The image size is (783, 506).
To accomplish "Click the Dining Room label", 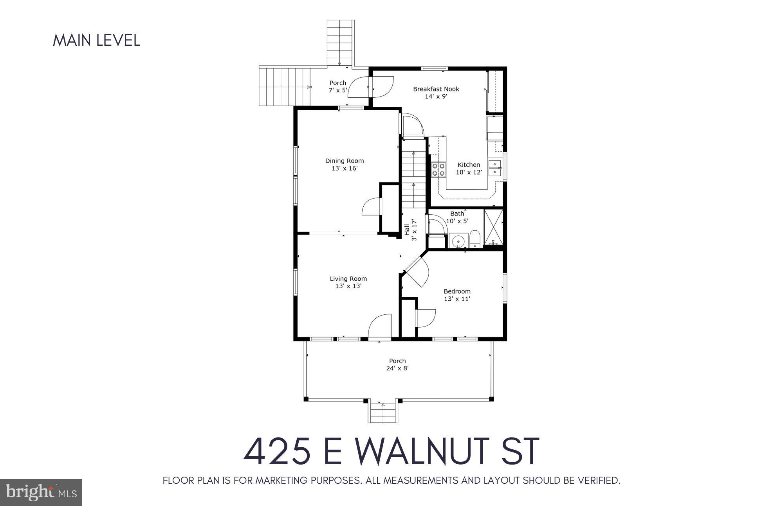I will pyautogui.click(x=344, y=161).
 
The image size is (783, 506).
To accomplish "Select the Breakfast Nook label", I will pyautogui.click(x=436, y=89).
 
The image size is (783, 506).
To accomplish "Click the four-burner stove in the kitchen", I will pyautogui.click(x=438, y=170).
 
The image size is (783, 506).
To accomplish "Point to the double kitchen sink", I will pyautogui.click(x=496, y=168).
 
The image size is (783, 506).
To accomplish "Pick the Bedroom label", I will pyautogui.click(x=457, y=291).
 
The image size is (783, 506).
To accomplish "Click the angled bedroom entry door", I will pyautogui.click(x=416, y=273).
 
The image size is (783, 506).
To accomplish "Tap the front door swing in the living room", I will pyautogui.click(x=380, y=325).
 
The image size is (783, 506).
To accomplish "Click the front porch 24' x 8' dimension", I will pyautogui.click(x=397, y=368).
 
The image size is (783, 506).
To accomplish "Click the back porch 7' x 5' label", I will pyautogui.click(x=337, y=90).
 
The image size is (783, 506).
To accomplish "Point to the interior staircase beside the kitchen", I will pyautogui.click(x=413, y=174).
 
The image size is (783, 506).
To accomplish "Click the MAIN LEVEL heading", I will pyautogui.click(x=96, y=41).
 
